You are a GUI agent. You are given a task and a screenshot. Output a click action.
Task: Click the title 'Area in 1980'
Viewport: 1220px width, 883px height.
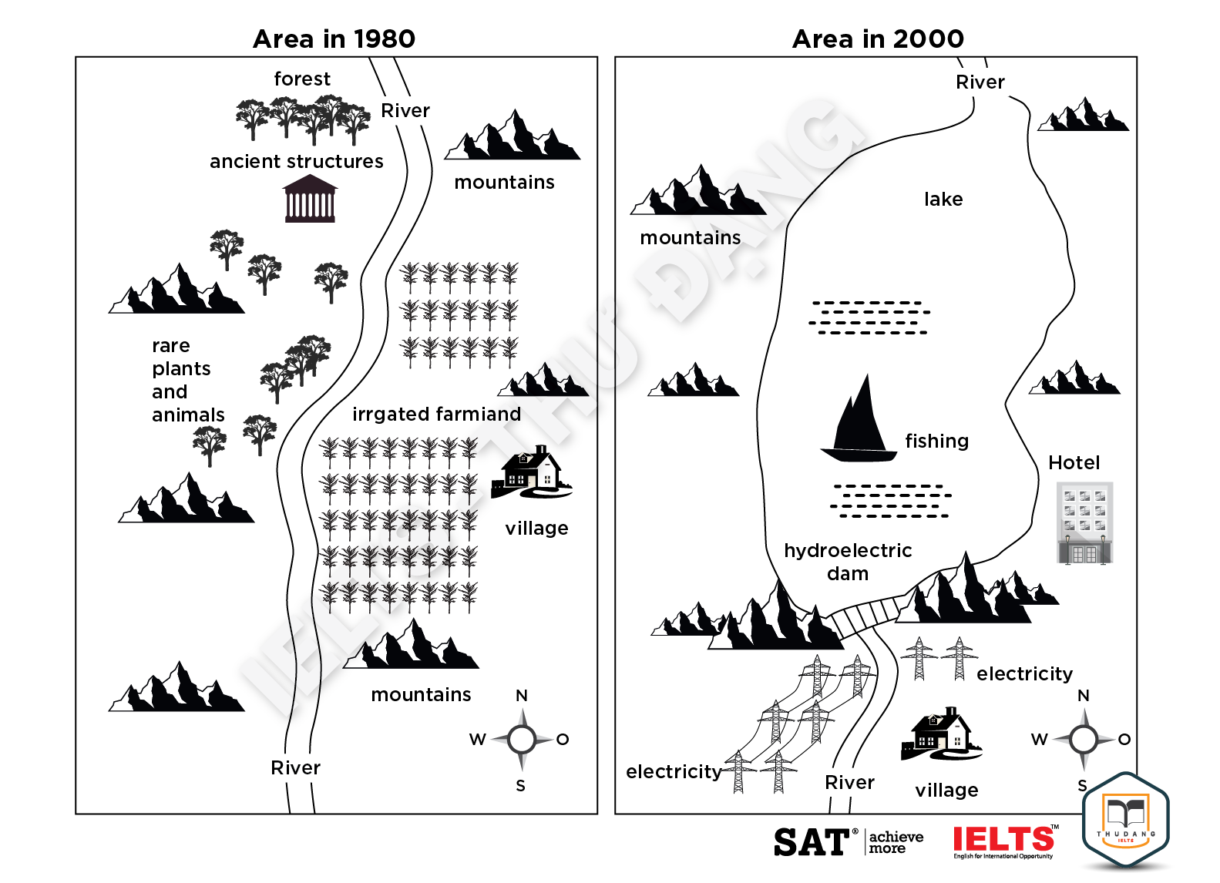point(334,39)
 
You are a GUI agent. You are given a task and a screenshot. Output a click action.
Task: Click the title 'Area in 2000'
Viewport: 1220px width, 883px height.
point(878,39)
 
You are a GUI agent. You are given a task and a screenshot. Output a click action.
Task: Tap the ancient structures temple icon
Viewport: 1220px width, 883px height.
point(309,199)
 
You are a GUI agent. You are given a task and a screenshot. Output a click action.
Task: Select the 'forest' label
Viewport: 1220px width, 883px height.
point(302,79)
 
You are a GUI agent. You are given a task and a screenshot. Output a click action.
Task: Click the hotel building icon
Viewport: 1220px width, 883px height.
point(1084,523)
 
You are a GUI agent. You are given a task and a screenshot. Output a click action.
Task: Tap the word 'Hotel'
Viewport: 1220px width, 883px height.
point(1074,462)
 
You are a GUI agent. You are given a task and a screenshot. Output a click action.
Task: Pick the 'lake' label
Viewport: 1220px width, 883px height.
point(943,199)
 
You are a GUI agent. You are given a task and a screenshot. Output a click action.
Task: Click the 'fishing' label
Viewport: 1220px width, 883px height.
point(936,441)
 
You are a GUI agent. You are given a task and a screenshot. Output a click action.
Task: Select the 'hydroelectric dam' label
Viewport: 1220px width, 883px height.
point(848,562)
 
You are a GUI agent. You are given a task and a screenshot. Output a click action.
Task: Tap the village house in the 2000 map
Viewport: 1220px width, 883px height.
point(941,733)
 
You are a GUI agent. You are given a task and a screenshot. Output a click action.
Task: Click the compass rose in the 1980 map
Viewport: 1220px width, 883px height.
point(522,740)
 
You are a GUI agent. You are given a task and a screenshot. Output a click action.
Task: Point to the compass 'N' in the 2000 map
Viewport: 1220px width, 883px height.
point(1083,696)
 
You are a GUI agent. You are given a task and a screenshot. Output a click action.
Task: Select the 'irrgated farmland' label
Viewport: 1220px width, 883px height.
point(436,414)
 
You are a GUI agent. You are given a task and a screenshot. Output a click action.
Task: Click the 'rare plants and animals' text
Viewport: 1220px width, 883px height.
point(187,380)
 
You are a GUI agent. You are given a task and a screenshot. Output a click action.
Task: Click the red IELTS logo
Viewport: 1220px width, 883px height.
point(1003,840)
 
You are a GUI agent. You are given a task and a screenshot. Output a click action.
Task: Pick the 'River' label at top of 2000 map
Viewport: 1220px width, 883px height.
point(980,82)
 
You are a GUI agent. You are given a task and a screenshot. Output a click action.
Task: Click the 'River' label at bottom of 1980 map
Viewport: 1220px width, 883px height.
point(295,767)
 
